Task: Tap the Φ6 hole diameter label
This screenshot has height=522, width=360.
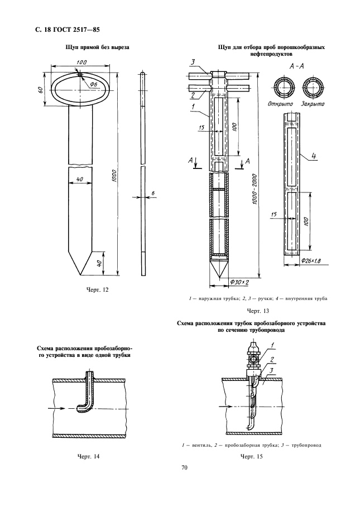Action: (x=93, y=85)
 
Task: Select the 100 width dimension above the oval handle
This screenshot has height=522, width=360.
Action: (x=81, y=62)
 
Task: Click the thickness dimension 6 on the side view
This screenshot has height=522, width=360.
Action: (x=152, y=193)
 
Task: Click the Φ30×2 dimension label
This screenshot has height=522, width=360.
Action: (x=240, y=282)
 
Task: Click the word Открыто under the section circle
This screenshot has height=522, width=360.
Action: (x=280, y=104)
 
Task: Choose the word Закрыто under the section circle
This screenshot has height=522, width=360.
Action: (x=313, y=104)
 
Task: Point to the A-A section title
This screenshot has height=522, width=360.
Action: (x=297, y=66)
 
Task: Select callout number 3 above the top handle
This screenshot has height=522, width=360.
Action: (x=193, y=61)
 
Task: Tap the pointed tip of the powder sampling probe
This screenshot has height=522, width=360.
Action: (x=219, y=277)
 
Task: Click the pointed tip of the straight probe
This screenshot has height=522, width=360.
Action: (x=80, y=275)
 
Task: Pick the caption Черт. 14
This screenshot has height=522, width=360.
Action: (x=88, y=456)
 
